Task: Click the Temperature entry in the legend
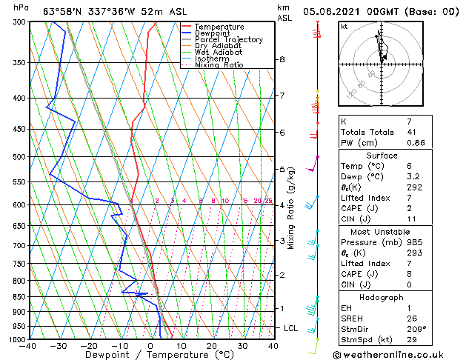coord(219,27)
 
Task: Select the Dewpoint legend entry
coord(215,33)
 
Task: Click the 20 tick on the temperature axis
coord(212,345)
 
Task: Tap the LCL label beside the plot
coord(291,327)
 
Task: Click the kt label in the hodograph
coord(344,27)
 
